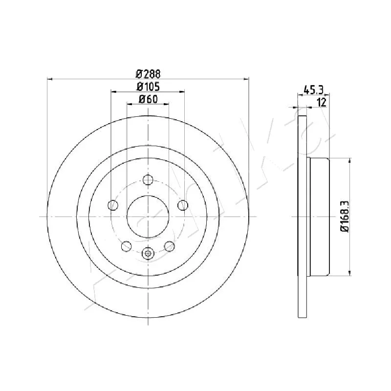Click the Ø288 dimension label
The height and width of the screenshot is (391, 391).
(148, 74)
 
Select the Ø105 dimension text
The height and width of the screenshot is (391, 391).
(148, 87)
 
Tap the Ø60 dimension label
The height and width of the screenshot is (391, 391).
(148, 99)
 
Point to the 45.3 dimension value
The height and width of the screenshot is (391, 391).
(313, 90)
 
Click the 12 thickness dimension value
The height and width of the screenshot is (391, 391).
(322, 102)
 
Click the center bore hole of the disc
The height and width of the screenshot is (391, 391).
(148, 217)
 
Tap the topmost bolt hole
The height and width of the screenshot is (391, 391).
(148, 180)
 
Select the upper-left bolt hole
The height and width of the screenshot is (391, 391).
(113, 205)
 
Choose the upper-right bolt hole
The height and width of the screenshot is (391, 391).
(183, 205)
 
